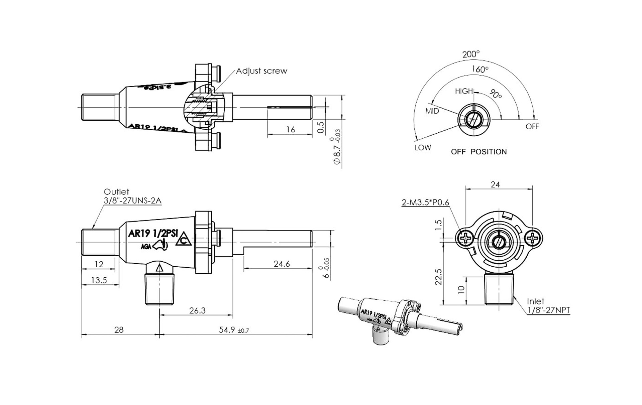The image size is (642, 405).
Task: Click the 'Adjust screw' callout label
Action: click(x=261, y=71)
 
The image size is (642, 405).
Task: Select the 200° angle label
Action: click(x=471, y=54)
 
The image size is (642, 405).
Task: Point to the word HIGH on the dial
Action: click(x=464, y=91)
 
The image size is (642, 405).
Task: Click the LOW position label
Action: click(x=423, y=147)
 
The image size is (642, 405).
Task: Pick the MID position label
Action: click(x=432, y=111)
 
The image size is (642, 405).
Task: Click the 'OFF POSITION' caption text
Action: click(x=478, y=152)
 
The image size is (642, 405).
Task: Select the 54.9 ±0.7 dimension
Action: click(x=234, y=330)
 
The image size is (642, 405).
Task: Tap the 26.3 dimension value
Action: click(x=197, y=310)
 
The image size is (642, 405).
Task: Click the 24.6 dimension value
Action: click(x=282, y=264)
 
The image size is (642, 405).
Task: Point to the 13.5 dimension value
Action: click(x=99, y=280)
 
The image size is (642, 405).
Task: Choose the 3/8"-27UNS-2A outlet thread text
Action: click(x=132, y=201)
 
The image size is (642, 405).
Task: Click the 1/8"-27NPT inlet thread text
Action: click(x=548, y=310)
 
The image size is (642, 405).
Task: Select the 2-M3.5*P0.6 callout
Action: click(x=425, y=202)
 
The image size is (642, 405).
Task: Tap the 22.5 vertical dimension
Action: click(x=438, y=277)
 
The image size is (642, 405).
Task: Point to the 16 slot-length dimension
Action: click(x=291, y=130)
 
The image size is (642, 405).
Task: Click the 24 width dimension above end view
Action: click(x=495, y=184)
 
